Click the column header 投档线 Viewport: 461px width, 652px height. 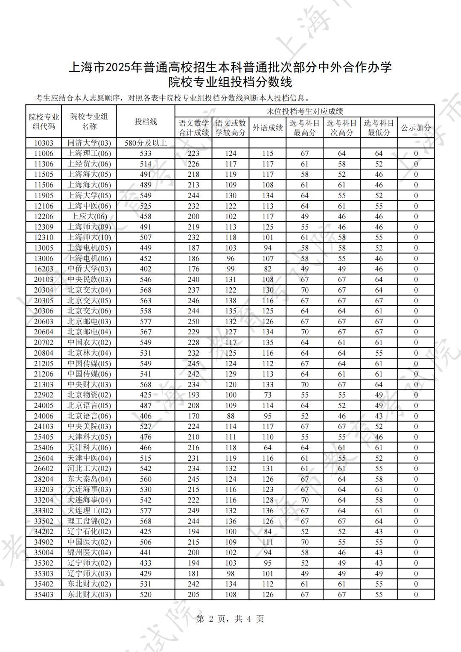click(146, 122)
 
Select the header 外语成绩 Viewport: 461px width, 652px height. click(268, 128)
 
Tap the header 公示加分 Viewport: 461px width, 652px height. click(416, 128)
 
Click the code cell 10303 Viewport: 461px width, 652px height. click(44, 143)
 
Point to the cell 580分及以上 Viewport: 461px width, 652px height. click(146, 143)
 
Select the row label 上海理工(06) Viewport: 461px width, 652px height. click(89, 154)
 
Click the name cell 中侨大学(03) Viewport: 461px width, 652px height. click(89, 269)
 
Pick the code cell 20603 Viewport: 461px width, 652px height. click(44, 322)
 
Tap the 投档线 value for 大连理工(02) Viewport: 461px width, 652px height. click(146, 511)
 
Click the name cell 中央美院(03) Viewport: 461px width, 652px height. click(89, 427)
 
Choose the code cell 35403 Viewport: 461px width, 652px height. click(44, 595)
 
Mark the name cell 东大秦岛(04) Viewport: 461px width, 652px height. click(89, 479)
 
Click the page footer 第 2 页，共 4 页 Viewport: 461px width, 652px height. click(230, 619)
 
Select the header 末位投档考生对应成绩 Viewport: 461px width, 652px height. click(304, 111)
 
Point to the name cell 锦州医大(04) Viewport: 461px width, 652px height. click(89, 553)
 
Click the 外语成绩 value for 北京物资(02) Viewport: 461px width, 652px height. click(268, 395)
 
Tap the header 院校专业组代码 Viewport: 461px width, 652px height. click(44, 122)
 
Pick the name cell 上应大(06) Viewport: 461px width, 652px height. click(89, 216)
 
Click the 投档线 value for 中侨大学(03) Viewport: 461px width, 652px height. click(146, 269)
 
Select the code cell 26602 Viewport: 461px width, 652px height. click(44, 468)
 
